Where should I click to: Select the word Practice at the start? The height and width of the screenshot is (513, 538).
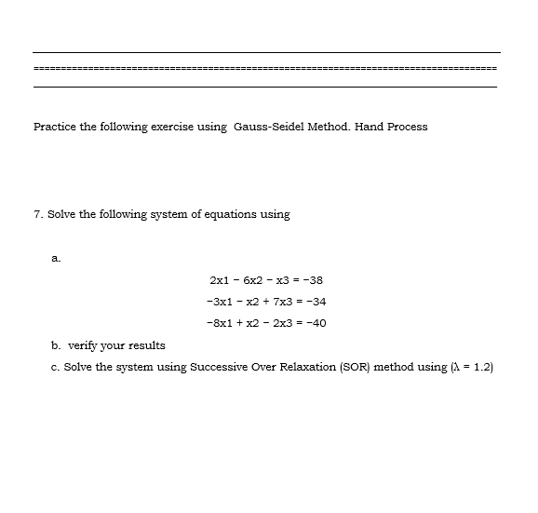[55, 127]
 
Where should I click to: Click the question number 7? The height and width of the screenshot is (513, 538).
[36, 214]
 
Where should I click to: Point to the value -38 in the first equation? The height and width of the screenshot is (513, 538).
[313, 279]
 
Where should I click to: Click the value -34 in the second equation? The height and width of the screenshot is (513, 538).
[315, 302]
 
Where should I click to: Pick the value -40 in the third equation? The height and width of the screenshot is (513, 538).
[315, 324]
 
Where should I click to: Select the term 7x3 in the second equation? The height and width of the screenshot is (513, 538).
[278, 302]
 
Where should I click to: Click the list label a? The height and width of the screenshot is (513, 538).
[56, 257]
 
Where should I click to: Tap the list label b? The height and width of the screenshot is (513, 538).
[56, 345]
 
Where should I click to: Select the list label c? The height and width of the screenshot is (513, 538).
[56, 367]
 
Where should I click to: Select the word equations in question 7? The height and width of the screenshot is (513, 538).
[217, 214]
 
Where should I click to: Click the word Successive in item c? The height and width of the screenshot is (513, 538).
[219, 367]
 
